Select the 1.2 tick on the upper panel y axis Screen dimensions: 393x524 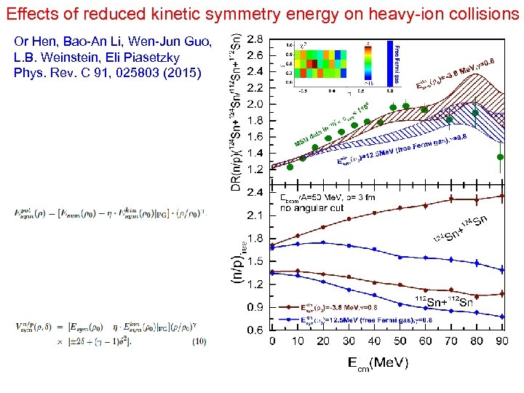click(x=256, y=169)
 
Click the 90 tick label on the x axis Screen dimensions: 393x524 click(x=501, y=341)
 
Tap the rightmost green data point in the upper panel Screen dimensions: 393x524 click(x=500, y=156)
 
